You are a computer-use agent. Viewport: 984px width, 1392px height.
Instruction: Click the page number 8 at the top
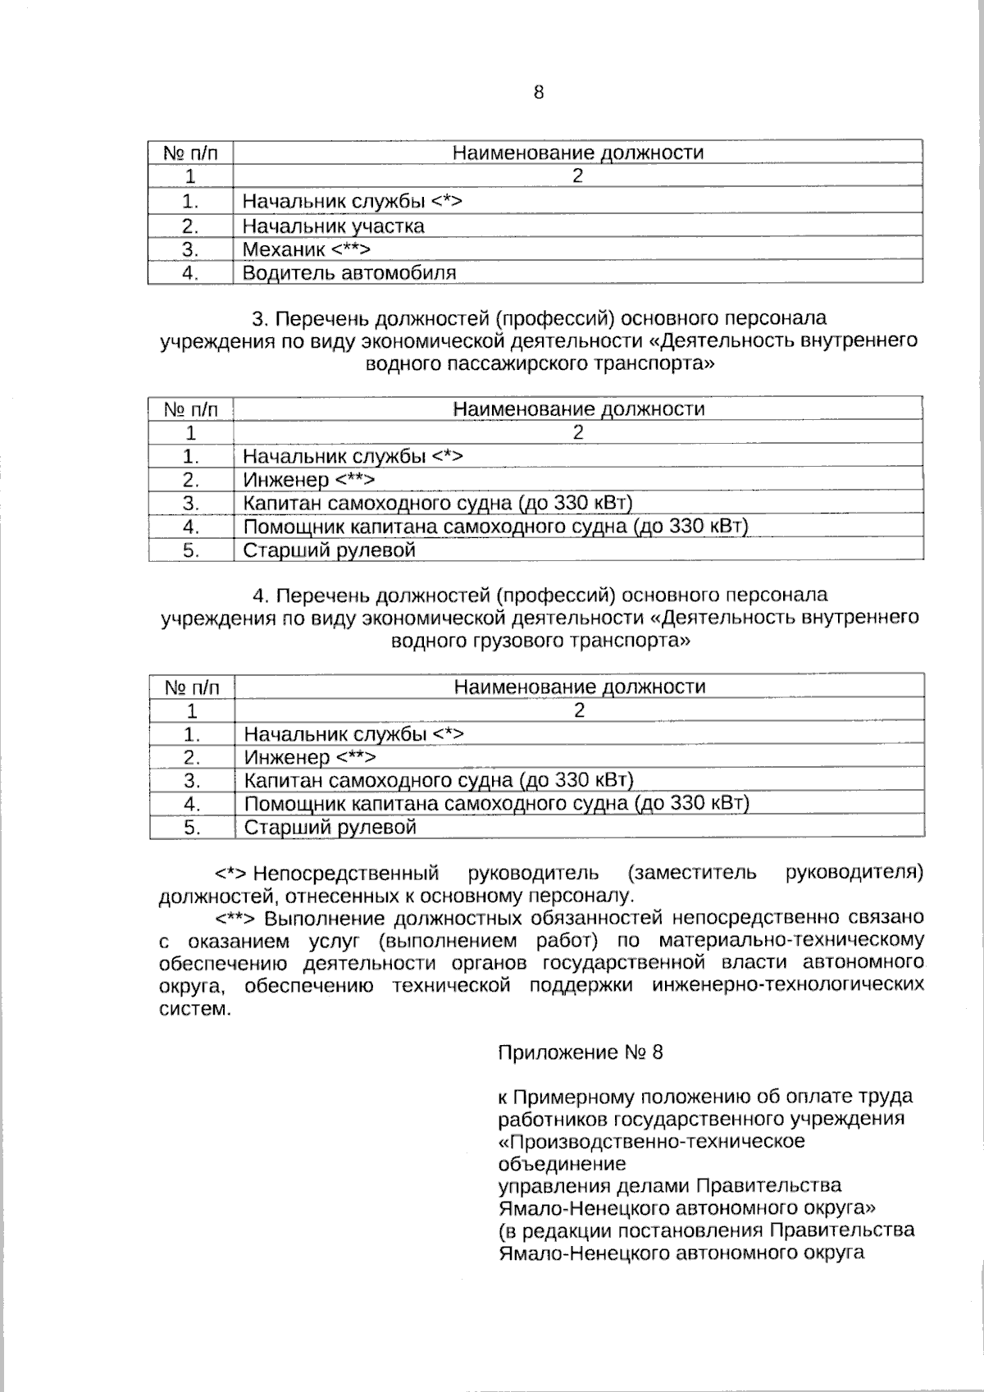click(x=539, y=93)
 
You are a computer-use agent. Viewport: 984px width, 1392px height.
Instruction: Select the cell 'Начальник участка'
click(x=333, y=226)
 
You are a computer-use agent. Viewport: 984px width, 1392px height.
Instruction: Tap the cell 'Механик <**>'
click(x=307, y=249)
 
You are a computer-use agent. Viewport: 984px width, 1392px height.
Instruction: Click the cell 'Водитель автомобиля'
click(x=349, y=273)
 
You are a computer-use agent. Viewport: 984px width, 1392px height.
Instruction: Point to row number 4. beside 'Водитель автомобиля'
click(x=190, y=273)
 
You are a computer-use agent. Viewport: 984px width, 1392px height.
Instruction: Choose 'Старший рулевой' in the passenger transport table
click(x=329, y=550)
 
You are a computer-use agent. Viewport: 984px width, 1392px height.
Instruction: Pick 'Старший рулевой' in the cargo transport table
click(x=330, y=828)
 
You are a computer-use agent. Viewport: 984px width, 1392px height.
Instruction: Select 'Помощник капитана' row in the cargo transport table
click(x=497, y=804)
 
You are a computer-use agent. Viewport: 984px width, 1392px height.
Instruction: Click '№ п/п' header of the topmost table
click(x=190, y=153)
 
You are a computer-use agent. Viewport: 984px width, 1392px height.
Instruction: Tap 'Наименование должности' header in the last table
click(x=579, y=687)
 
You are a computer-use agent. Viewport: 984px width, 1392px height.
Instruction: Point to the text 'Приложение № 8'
click(x=581, y=1052)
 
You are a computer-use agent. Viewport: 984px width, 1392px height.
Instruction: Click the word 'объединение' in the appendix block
click(x=562, y=1164)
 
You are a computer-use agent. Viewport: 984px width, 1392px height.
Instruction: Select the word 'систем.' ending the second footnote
click(x=194, y=1008)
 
